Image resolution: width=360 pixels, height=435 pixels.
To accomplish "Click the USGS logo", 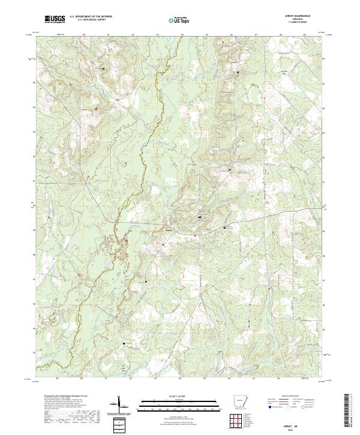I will pos(53,20).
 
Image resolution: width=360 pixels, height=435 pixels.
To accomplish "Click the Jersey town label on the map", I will pos(169,228).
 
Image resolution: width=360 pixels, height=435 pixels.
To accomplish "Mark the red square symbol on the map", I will pos(195,236).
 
